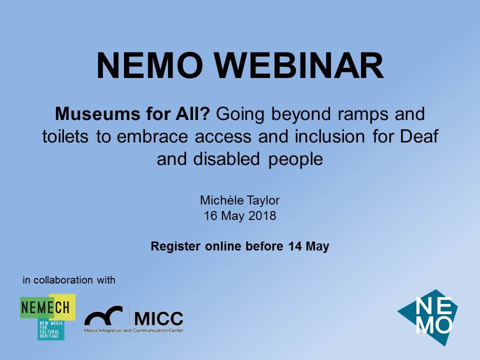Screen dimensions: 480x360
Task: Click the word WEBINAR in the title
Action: tap(298, 65)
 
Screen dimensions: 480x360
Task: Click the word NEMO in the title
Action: tap(149, 65)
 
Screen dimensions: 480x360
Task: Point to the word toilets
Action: tap(65, 136)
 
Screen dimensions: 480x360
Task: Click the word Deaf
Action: tap(419, 136)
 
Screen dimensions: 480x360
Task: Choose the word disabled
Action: tap(226, 159)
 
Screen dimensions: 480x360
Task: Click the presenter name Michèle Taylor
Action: tap(239, 200)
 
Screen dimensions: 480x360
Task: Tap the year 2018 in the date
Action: tap(262, 216)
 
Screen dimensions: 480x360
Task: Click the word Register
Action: tap(175, 246)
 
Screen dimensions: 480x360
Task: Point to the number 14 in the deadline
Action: tap(295, 246)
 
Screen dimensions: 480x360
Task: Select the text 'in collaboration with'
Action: tap(69, 280)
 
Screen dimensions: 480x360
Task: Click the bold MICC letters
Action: tap(158, 318)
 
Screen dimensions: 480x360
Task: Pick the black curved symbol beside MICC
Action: tap(103, 315)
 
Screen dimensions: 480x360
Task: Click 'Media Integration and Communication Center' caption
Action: tap(133, 330)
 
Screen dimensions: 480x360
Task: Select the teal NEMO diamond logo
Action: tap(428, 317)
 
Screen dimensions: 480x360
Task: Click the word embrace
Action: tap(152, 136)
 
